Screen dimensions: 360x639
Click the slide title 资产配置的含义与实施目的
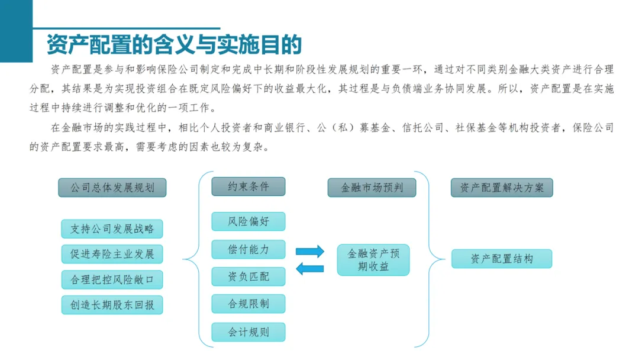175,44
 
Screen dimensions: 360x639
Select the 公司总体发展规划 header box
112,188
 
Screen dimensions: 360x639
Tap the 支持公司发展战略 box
112,229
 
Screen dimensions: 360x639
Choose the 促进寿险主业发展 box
112,254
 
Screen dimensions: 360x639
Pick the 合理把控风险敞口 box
112,279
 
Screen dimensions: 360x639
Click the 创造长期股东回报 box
112,305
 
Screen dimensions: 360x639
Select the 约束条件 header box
248,187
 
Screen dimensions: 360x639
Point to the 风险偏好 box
248,221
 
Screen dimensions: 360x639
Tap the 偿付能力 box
248,249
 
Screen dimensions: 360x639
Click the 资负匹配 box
248,276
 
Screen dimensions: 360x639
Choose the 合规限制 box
248,304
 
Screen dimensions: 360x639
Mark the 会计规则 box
248,332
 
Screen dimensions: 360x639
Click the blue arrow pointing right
310,251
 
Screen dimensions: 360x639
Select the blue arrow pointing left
310,269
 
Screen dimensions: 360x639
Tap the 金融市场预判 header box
372,188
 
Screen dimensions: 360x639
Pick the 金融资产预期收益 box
373,260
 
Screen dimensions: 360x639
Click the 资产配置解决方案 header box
502,188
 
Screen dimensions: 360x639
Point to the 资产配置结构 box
502,259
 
